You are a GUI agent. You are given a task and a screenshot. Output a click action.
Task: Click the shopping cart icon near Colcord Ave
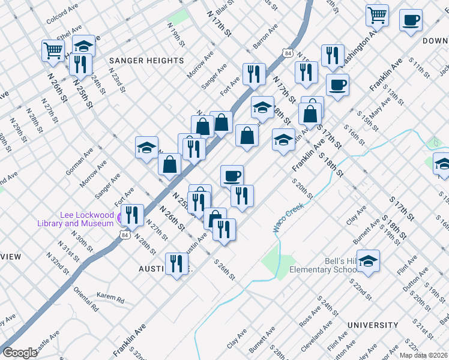[x=53, y=51]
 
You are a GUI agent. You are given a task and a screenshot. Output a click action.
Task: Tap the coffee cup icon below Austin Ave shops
[x=232, y=176]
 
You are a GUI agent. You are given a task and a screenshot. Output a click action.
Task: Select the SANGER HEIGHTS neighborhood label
[x=146, y=61]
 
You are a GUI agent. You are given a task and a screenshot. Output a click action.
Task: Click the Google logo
[x=20, y=353]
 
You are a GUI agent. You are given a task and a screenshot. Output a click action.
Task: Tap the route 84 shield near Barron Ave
[x=289, y=53]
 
